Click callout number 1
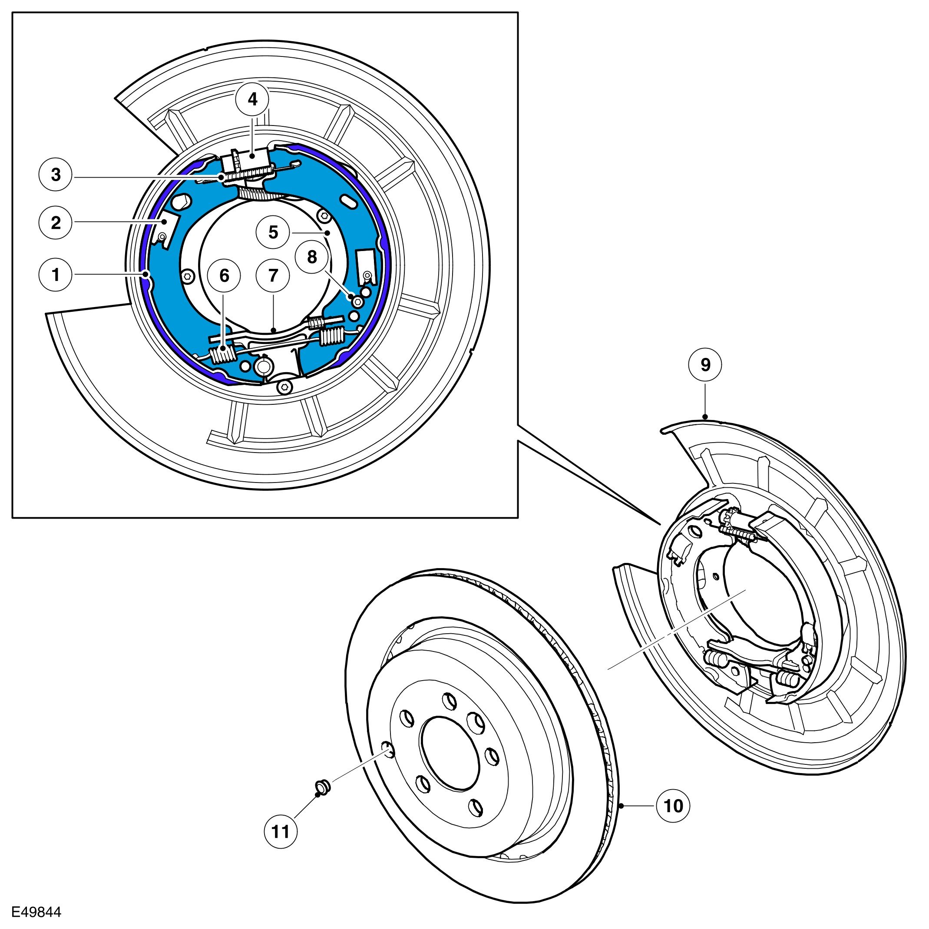pos(56,275)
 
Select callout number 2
pos(56,223)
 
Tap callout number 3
pos(56,175)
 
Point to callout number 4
pos(252,99)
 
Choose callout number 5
pos(273,233)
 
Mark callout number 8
pos(312,257)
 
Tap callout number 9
pos(705,365)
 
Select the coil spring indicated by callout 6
pos(222,354)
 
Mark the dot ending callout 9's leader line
pos(705,417)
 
